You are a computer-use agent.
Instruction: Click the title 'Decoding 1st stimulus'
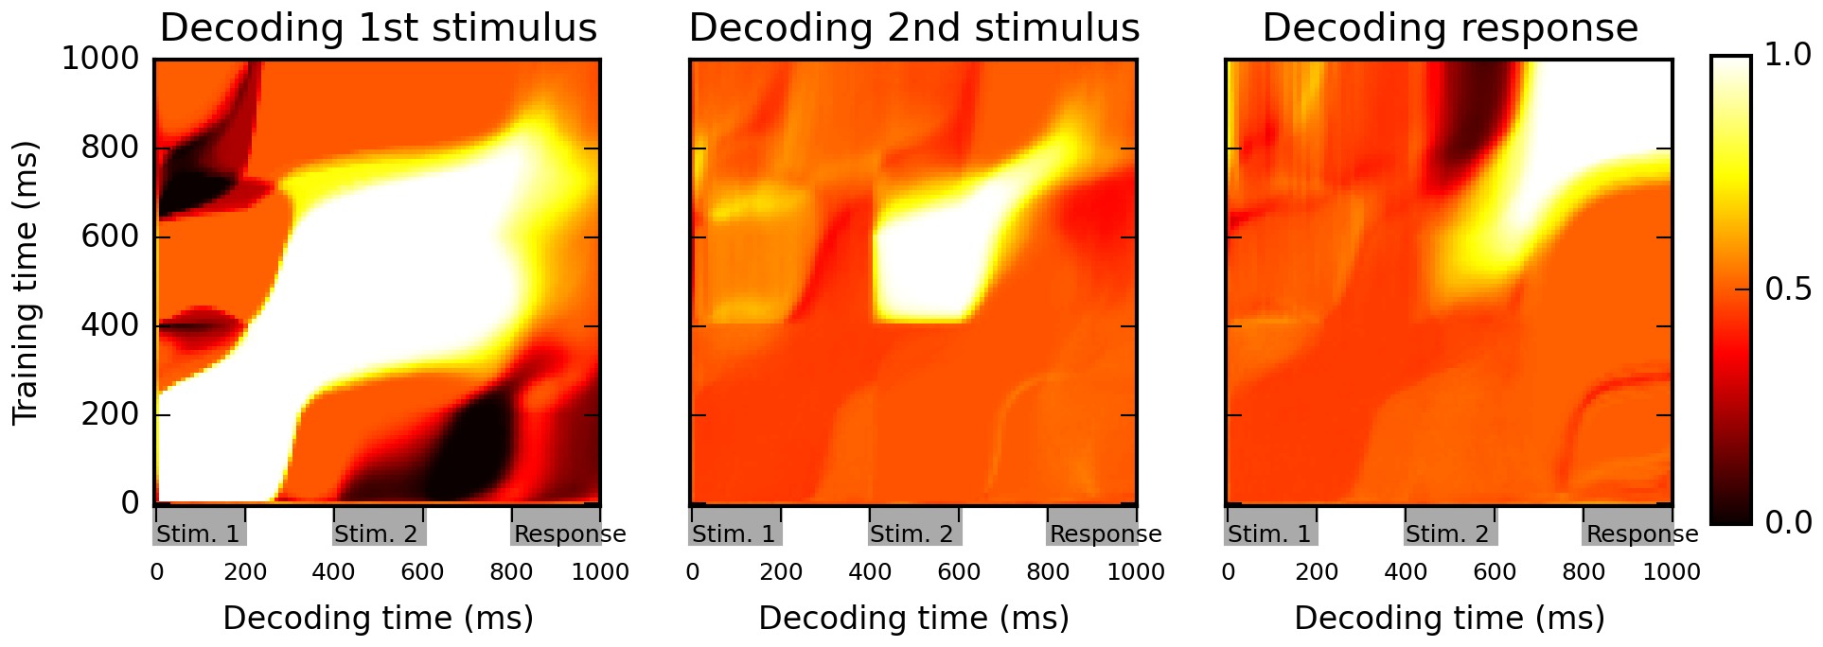click(x=379, y=28)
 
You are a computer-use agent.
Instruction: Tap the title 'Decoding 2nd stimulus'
click(x=913, y=28)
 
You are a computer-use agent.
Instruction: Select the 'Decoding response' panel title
click(x=1449, y=28)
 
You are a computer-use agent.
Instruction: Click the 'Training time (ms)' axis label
click(x=27, y=283)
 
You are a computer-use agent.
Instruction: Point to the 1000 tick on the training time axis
click(x=99, y=60)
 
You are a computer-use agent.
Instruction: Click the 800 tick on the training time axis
click(x=109, y=149)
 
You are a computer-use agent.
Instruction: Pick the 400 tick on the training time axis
click(x=109, y=326)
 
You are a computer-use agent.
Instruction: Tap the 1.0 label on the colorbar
click(x=1788, y=56)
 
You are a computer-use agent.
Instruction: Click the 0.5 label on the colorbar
click(x=1788, y=289)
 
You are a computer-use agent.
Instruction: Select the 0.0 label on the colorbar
click(x=1788, y=522)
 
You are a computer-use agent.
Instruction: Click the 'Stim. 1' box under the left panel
click(x=199, y=534)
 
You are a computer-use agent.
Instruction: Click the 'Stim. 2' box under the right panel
click(x=1448, y=534)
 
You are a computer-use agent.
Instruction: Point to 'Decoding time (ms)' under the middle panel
click(x=913, y=619)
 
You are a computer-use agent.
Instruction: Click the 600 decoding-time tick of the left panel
click(x=422, y=572)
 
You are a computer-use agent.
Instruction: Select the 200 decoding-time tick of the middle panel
click(x=781, y=572)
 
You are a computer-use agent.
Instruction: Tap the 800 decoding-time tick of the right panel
click(x=1584, y=572)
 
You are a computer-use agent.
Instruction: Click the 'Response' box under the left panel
click(x=568, y=534)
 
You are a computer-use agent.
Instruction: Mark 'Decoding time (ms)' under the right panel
click(x=1449, y=619)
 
